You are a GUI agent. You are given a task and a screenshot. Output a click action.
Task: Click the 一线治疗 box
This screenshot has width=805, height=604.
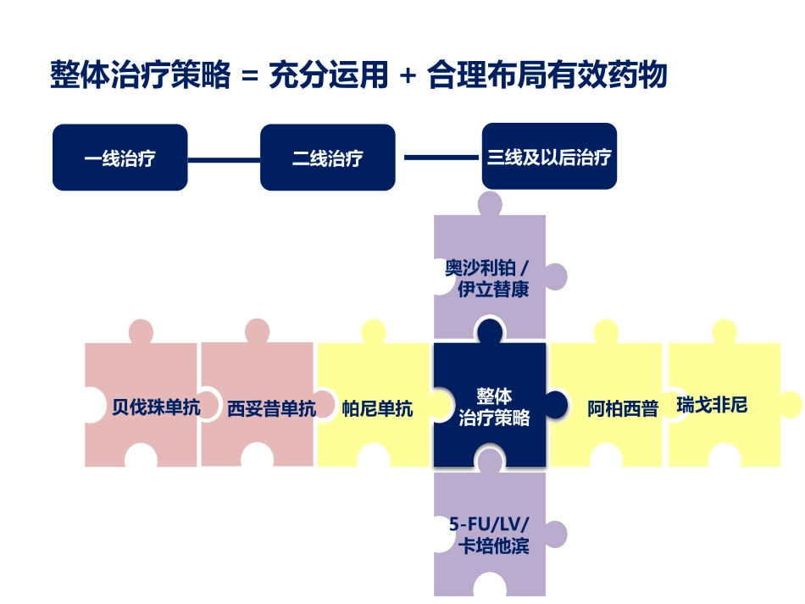tap(119, 158)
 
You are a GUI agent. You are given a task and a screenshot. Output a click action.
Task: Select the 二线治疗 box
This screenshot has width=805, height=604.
tap(327, 158)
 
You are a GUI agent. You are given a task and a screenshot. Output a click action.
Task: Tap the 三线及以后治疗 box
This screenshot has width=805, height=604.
tap(549, 157)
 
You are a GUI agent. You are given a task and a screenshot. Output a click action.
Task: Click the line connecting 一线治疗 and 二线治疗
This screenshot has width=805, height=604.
tap(224, 158)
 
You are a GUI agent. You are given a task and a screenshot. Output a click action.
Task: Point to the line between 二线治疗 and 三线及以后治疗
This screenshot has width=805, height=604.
tap(441, 157)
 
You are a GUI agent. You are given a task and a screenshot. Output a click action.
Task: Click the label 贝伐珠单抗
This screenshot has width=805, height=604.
tap(156, 408)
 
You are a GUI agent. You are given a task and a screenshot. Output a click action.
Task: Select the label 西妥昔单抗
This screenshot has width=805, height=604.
tap(271, 408)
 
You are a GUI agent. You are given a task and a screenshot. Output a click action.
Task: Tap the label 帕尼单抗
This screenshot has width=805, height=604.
tap(377, 408)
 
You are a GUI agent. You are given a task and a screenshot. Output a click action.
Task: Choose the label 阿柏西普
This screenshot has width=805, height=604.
tap(623, 408)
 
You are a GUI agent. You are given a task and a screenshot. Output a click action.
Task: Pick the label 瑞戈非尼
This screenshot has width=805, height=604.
tap(712, 405)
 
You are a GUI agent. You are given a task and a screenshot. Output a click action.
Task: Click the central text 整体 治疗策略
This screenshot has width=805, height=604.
tap(494, 407)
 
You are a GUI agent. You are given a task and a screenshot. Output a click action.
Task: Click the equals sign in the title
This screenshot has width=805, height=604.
tap(248, 76)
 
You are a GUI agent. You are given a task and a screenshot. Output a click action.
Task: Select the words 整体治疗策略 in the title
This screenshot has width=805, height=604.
tap(140, 75)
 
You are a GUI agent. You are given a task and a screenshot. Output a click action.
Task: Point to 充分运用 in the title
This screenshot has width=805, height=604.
tap(328, 75)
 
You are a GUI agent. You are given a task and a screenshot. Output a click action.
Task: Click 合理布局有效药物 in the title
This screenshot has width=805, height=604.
tap(547, 75)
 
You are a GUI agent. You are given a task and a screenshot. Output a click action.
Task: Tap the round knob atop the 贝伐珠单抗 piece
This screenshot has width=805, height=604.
tap(141, 331)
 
